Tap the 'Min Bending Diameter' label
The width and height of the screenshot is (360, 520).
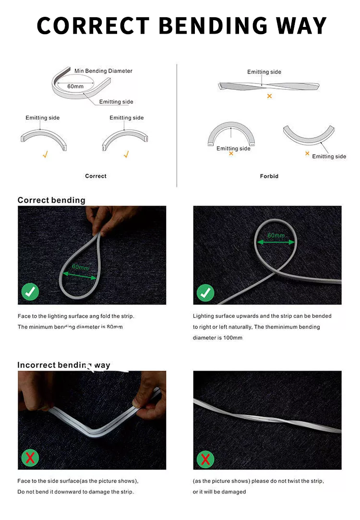pos(103,71)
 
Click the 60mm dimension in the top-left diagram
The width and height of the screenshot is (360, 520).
pos(75,86)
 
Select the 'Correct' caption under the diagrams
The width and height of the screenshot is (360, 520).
pos(96,176)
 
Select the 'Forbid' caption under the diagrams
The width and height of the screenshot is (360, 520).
pos(269,176)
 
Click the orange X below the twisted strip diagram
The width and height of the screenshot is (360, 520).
pos(269,97)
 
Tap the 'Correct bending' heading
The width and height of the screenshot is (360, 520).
pos(51,200)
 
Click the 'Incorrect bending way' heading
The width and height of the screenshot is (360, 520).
pos(64,365)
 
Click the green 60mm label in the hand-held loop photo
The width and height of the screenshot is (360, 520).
pos(80,267)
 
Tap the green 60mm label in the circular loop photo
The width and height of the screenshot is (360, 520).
pos(276,236)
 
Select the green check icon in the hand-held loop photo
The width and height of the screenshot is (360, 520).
pos(30,292)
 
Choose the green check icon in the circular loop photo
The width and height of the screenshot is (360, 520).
pos(205,292)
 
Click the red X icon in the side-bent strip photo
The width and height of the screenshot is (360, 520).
pos(30,458)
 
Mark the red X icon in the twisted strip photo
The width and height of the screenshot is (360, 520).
pos(205,459)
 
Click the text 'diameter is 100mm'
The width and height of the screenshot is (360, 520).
pos(217,338)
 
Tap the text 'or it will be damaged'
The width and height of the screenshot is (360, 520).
pos(219,492)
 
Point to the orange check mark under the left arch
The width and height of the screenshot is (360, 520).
pos(45,155)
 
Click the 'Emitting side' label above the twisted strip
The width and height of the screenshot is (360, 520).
pos(264,72)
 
